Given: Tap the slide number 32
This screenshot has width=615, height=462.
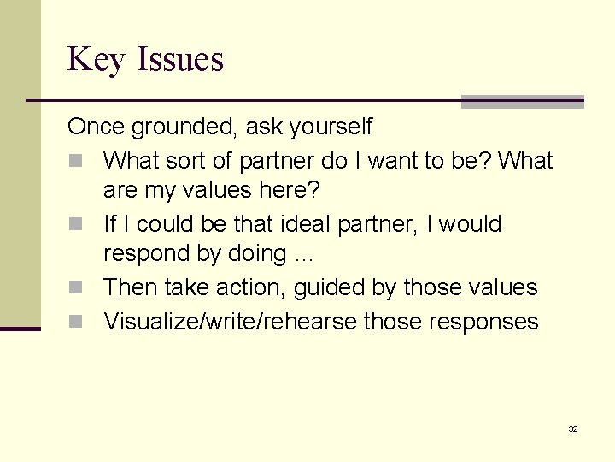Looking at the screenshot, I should [x=573, y=429].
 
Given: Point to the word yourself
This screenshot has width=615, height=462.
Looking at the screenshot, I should [x=330, y=127].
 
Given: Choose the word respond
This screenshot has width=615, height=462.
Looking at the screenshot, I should [x=143, y=254].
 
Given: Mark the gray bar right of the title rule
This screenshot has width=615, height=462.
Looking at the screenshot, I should [x=522, y=102].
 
